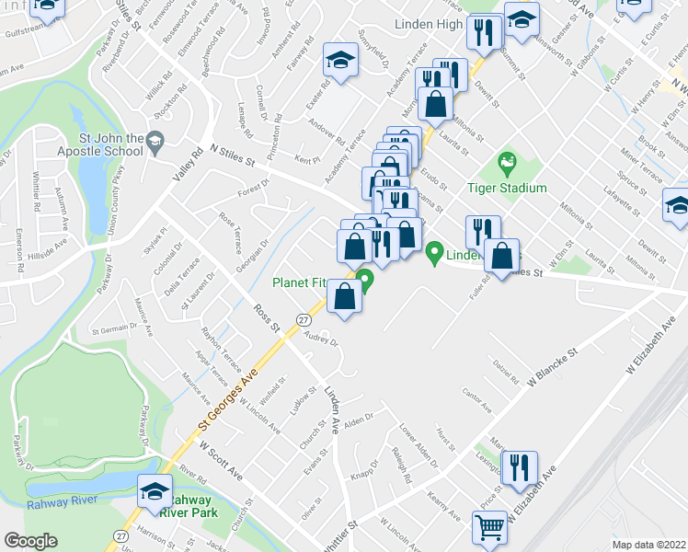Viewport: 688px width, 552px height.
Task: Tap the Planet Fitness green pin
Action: click(365, 280)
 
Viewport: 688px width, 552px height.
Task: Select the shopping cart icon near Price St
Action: click(489, 528)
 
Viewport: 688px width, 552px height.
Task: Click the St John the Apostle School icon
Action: click(154, 140)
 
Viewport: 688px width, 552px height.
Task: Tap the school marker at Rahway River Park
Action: click(154, 491)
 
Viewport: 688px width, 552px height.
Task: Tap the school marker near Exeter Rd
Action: click(338, 63)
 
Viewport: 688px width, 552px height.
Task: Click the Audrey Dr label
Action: click(322, 339)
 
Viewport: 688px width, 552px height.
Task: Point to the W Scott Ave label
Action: click(221, 457)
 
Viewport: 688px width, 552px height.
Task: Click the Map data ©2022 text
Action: click(648, 544)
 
